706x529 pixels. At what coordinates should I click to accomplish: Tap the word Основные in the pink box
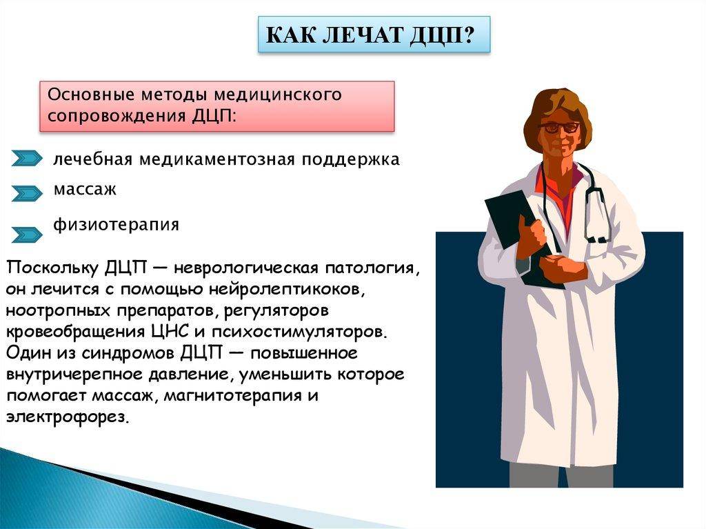(x=91, y=94)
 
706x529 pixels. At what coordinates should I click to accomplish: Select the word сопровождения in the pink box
(x=117, y=116)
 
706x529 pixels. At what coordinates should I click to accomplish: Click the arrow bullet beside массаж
(x=27, y=193)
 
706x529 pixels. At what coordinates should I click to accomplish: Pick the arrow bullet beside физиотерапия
(x=27, y=234)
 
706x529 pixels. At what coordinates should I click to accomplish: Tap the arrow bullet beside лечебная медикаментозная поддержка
(x=27, y=158)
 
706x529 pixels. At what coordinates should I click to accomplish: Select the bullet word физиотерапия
(x=116, y=224)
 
